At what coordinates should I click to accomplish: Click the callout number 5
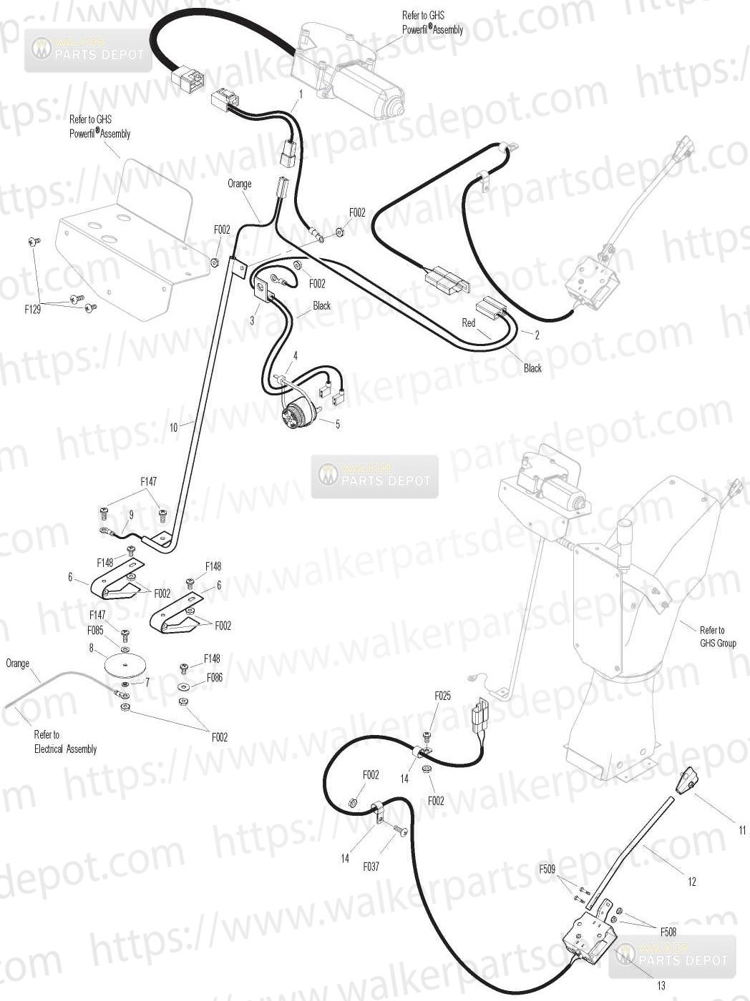coord(337,424)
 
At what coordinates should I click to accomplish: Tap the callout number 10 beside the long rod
coord(173,428)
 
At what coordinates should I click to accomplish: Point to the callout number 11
coord(742,830)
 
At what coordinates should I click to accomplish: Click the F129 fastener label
coord(32,310)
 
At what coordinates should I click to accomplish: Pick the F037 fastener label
coord(371,866)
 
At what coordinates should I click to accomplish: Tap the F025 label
coord(442,696)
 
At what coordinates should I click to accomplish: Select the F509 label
coord(547,869)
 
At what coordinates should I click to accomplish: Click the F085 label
coord(95,630)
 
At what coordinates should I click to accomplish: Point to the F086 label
coord(215,677)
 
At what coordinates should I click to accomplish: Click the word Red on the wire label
coord(468,322)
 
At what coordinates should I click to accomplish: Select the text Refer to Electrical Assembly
coord(65,741)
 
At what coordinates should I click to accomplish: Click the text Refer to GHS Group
coord(718,636)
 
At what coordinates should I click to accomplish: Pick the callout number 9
coord(132,515)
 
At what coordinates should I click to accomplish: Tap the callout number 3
coord(252,320)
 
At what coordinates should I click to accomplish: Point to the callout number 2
coord(537,335)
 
